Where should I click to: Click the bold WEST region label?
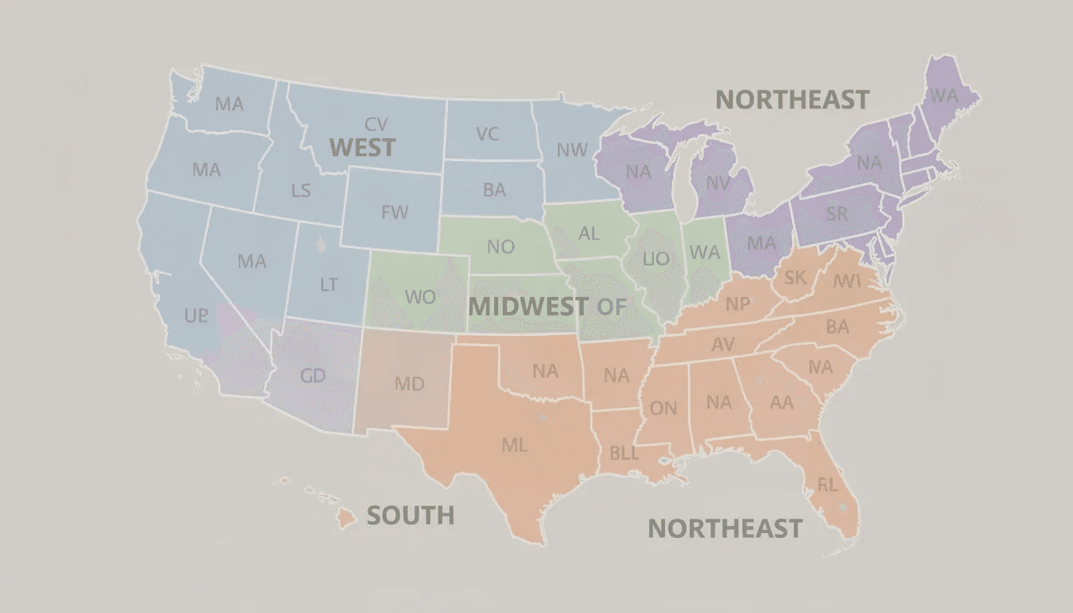point(362,148)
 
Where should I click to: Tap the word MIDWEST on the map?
point(528,306)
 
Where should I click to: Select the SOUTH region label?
point(410,516)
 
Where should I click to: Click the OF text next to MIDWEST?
point(611,306)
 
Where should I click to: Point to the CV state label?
point(376,125)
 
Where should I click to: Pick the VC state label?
point(487,134)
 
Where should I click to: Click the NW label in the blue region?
point(572,150)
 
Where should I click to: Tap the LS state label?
point(300,191)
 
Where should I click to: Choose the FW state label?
point(394,212)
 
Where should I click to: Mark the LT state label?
point(328,284)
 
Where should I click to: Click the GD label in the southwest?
point(312,375)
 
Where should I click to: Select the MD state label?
point(409,384)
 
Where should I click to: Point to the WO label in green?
point(420,297)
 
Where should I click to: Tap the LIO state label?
point(655,259)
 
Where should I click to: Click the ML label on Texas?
point(514,445)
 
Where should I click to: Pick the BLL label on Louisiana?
point(624,453)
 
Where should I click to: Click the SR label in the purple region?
point(837,214)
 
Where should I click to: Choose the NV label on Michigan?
point(718,184)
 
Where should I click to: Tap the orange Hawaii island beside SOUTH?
point(345,519)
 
